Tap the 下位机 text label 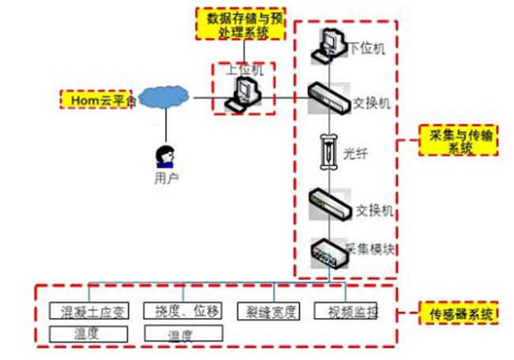point(367,49)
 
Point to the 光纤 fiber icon point(327,151)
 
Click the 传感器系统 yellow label point(459,314)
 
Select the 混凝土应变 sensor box point(88,311)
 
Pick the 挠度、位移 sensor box point(182,311)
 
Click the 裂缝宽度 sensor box point(269,311)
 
